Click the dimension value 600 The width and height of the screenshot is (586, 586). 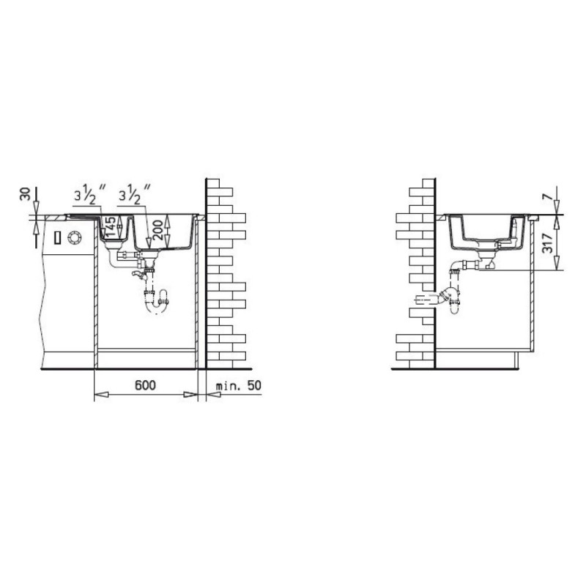tap(145, 385)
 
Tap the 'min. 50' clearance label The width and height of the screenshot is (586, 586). tap(239, 385)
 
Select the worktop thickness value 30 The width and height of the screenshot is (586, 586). tap(26, 194)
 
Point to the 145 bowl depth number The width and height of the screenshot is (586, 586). tap(111, 226)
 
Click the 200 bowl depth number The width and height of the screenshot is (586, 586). tap(158, 230)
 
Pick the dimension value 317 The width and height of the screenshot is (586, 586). tap(547, 243)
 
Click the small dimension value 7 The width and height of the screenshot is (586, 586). tap(546, 195)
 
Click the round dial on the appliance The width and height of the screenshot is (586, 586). tap(75, 237)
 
